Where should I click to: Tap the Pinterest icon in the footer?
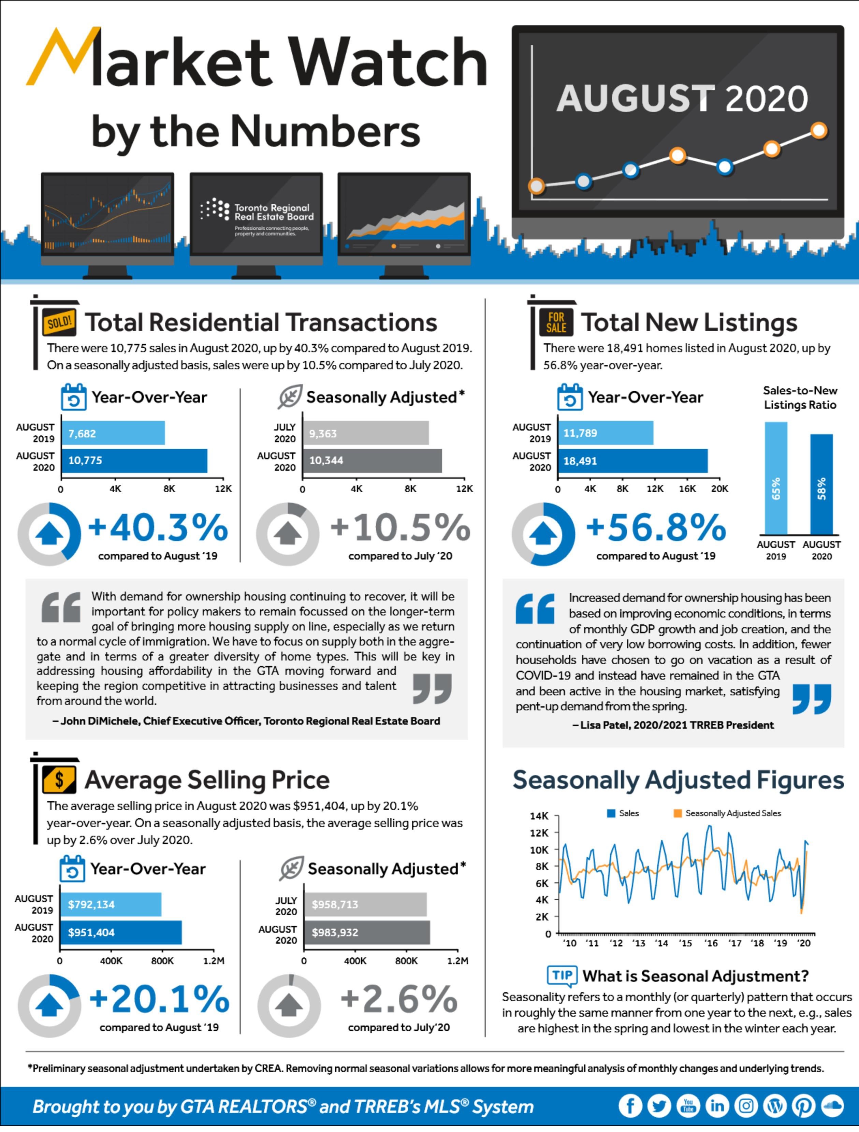coord(803,1106)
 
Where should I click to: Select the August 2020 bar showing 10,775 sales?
coord(134,461)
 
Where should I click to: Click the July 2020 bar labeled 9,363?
coord(365,433)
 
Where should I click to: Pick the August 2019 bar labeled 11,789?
coord(605,433)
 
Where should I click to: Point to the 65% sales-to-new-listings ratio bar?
coord(776,478)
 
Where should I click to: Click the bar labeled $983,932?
coord(367,932)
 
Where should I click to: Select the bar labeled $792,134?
coord(111,904)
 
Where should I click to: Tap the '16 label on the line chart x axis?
coord(711,943)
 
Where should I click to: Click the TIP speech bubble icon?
coord(562,975)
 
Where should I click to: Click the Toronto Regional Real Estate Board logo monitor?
coord(256,218)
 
